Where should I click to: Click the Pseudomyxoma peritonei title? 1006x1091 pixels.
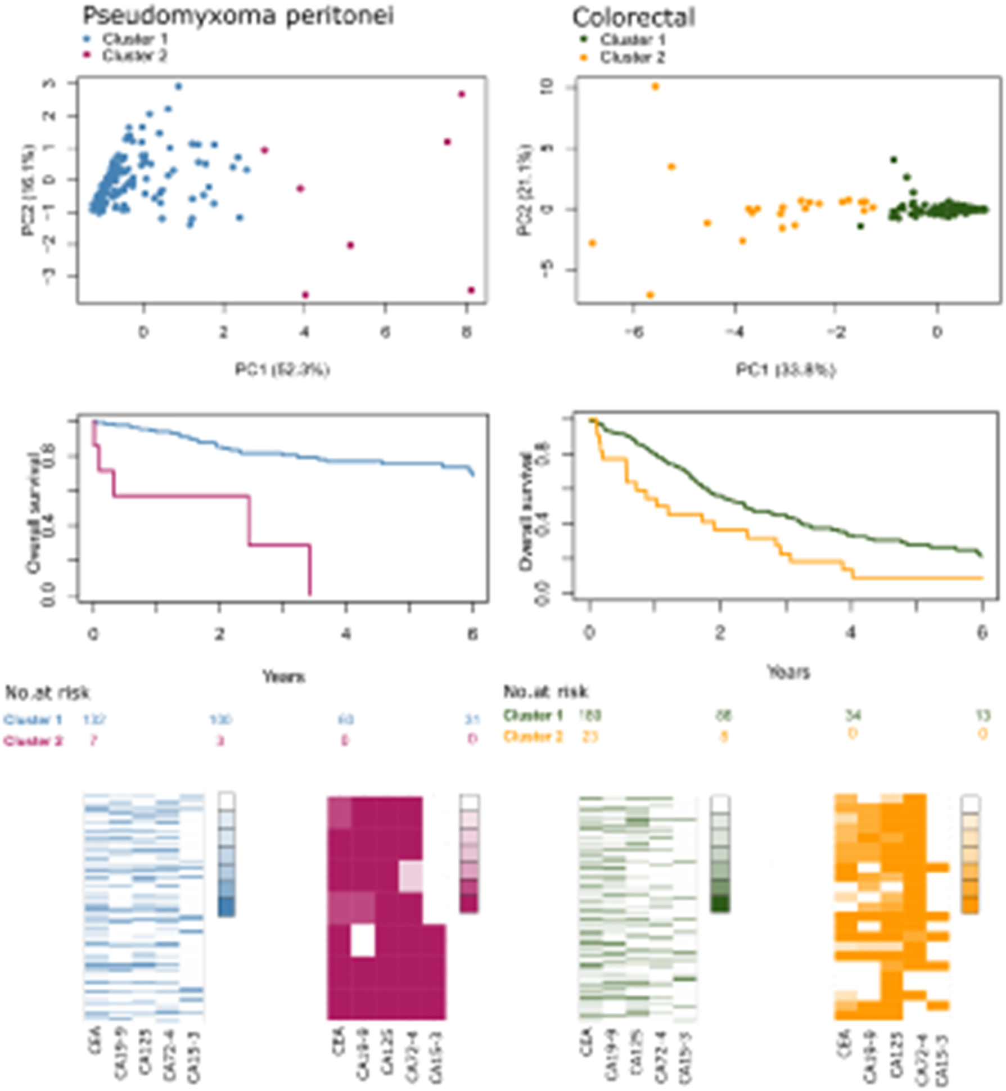237,16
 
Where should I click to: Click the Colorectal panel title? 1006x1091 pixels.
633,18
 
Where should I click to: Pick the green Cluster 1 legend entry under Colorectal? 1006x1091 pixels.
632,40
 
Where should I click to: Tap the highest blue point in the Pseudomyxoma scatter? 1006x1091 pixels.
178,87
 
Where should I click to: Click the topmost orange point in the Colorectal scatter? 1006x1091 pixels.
655,87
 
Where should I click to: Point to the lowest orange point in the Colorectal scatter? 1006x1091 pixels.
651,295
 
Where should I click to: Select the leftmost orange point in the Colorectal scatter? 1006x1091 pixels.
592,243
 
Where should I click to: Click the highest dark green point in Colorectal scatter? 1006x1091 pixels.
894,160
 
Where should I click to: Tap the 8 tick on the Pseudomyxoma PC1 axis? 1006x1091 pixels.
466,332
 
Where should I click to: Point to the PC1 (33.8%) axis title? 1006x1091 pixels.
786,369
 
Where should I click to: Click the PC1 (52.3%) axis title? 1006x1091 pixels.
282,369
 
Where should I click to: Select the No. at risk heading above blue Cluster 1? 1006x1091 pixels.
47,693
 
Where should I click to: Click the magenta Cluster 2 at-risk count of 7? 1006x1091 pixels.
93,740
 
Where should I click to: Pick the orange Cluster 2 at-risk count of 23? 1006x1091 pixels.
589,736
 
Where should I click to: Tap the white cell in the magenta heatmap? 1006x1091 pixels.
363,941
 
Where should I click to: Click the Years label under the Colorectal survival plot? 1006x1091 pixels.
788,671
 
